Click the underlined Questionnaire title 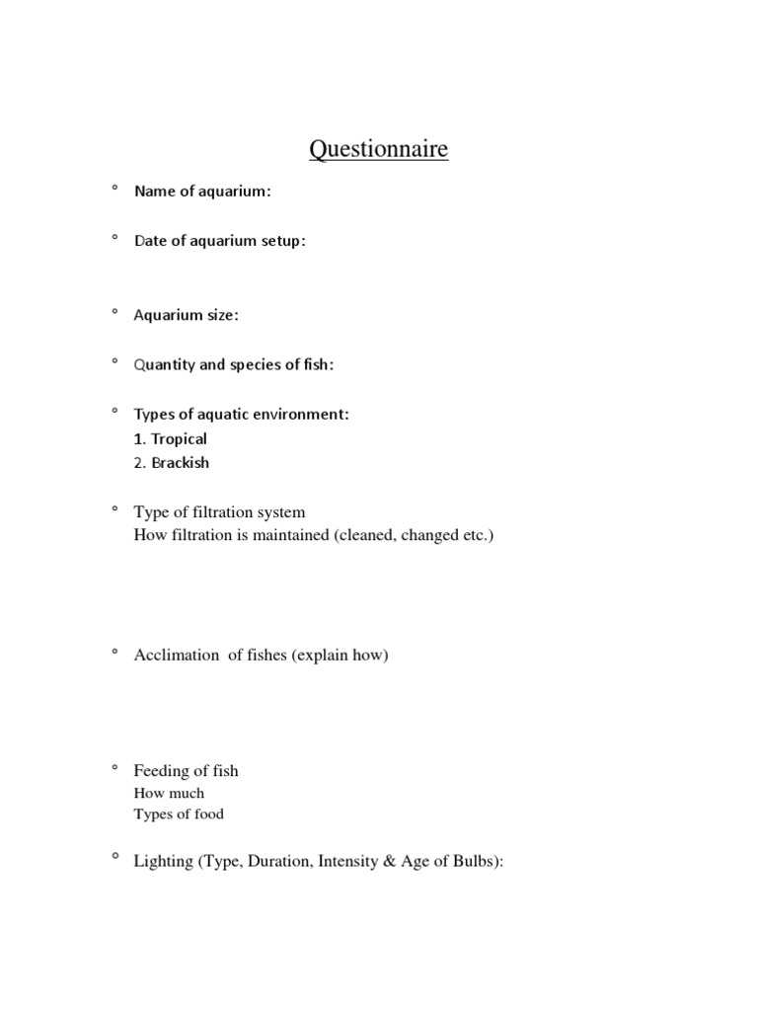(x=379, y=149)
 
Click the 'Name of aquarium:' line (x=202, y=192)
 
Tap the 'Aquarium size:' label (x=187, y=315)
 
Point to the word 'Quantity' (x=165, y=365)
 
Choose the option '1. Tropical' (x=171, y=439)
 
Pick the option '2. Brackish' (x=172, y=463)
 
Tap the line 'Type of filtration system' (x=220, y=512)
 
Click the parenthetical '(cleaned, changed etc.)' (x=413, y=536)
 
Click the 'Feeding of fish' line (x=186, y=771)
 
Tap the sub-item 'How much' (x=169, y=793)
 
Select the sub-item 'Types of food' (x=179, y=815)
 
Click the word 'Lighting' (x=163, y=861)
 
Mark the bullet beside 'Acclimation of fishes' (x=114, y=652)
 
